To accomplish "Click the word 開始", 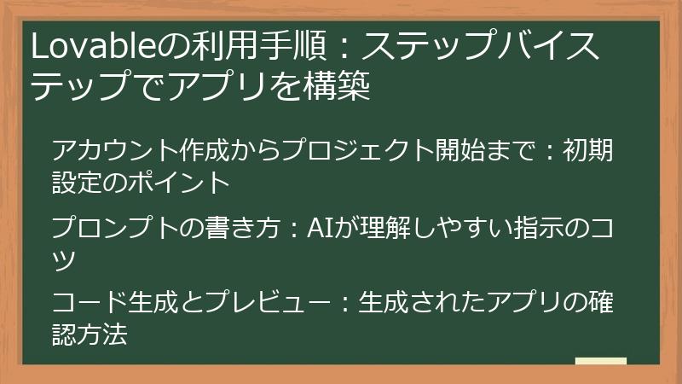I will click(467, 153).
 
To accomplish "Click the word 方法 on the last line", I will click(109, 334).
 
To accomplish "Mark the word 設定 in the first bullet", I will click(80, 182).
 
